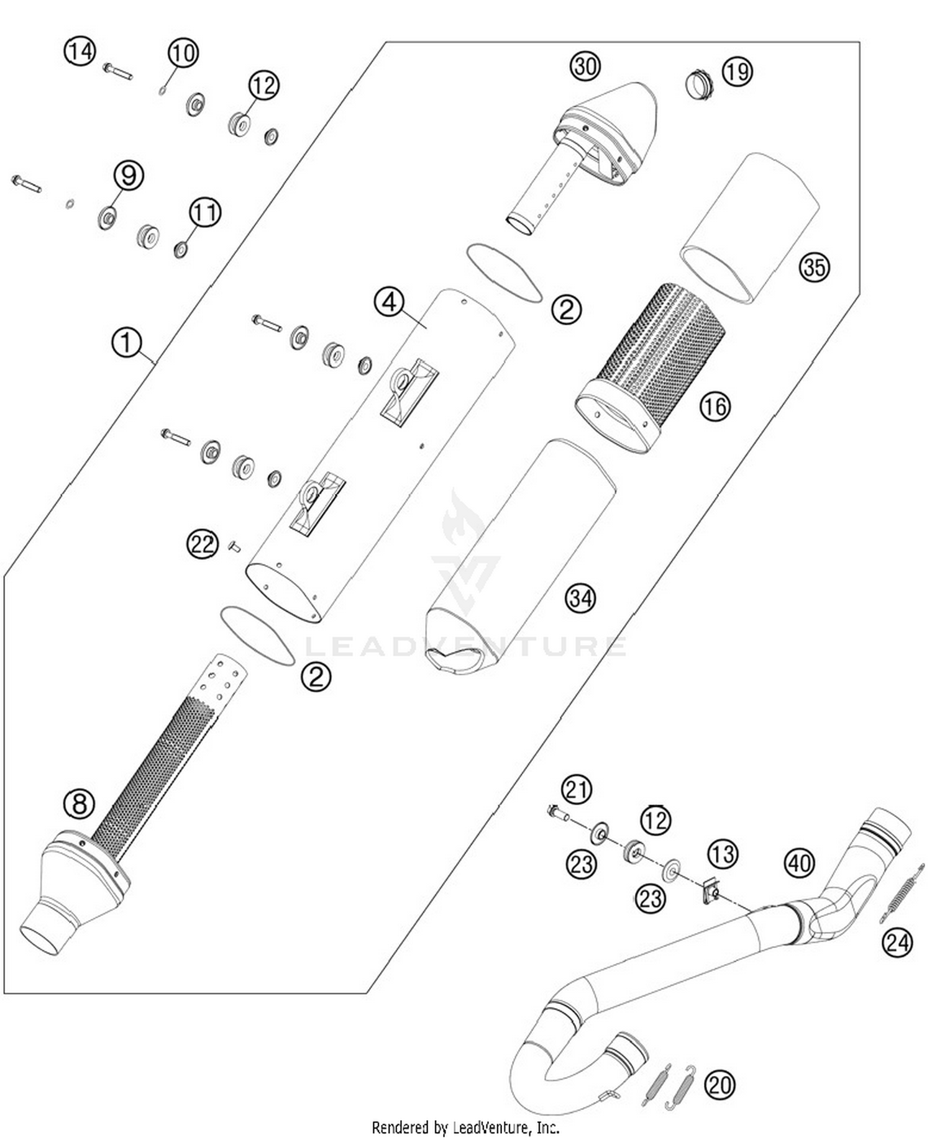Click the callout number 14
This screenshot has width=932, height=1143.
click(80, 51)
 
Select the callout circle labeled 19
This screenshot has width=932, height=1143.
click(737, 72)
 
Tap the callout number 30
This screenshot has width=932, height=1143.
click(585, 66)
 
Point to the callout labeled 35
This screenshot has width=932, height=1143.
click(814, 267)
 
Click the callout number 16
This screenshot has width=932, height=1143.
click(715, 407)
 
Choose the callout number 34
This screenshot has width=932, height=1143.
click(580, 598)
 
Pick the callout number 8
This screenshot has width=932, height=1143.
click(79, 804)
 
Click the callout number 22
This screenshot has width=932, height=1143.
click(203, 544)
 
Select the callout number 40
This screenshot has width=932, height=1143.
click(799, 863)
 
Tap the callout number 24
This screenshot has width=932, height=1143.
click(897, 943)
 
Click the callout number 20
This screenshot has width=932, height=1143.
click(720, 1085)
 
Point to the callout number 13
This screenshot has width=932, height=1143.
click(723, 854)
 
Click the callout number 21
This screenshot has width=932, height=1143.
click(577, 790)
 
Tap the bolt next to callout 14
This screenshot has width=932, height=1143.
click(117, 71)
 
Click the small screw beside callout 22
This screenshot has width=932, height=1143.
click(235, 546)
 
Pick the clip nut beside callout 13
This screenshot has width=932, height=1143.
click(711, 893)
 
